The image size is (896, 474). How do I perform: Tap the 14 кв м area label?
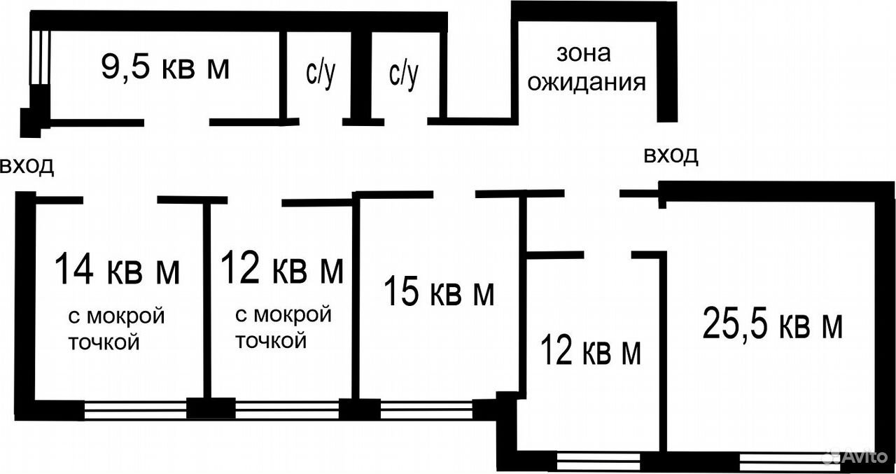pyautogui.click(x=117, y=268)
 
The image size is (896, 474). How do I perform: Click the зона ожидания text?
pyautogui.click(x=586, y=68)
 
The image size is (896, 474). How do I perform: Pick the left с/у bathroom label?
pyautogui.click(x=321, y=74)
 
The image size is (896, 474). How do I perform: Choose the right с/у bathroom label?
pyautogui.click(x=403, y=74)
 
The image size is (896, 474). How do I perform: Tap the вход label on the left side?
pyautogui.click(x=27, y=166)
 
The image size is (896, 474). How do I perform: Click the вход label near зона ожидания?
pyautogui.click(x=671, y=155)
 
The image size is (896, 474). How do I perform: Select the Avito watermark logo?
pyautogui.click(x=857, y=456)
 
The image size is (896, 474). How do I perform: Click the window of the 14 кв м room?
pyautogui.click(x=136, y=410)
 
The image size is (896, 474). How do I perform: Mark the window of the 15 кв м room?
pyautogui.click(x=426, y=410)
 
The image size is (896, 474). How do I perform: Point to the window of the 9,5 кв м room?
pyautogui.click(x=39, y=57)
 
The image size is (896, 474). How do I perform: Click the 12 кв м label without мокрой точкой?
pyautogui.click(x=590, y=351)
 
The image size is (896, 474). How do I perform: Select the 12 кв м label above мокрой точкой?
pyautogui.click(x=282, y=267)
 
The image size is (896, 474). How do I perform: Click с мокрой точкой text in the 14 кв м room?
pyautogui.click(x=116, y=329)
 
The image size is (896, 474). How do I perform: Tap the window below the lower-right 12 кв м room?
pyautogui.click(x=598, y=461)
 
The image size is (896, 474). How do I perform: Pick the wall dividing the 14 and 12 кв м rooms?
pyautogui.click(x=207, y=300)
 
